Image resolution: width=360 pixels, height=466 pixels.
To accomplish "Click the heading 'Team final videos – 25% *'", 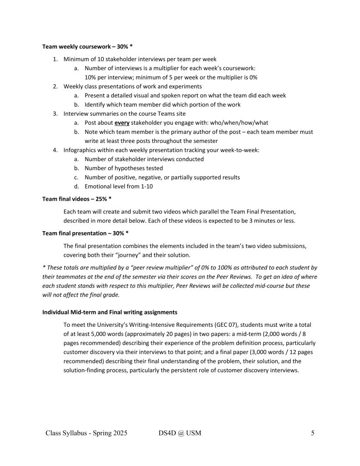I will pos(77,199).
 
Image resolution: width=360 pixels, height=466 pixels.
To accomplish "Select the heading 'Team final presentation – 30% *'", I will pos(85,233).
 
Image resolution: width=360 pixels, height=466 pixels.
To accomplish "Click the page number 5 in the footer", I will pos(313,433).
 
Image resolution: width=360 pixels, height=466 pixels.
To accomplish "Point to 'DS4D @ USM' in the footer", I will pos(177,433).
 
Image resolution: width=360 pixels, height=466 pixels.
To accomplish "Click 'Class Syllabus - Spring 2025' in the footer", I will pos(86,433).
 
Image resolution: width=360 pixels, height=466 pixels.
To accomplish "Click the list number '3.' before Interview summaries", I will pos(55,114).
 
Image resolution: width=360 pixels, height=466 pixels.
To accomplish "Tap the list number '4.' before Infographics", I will pos(55,150).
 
